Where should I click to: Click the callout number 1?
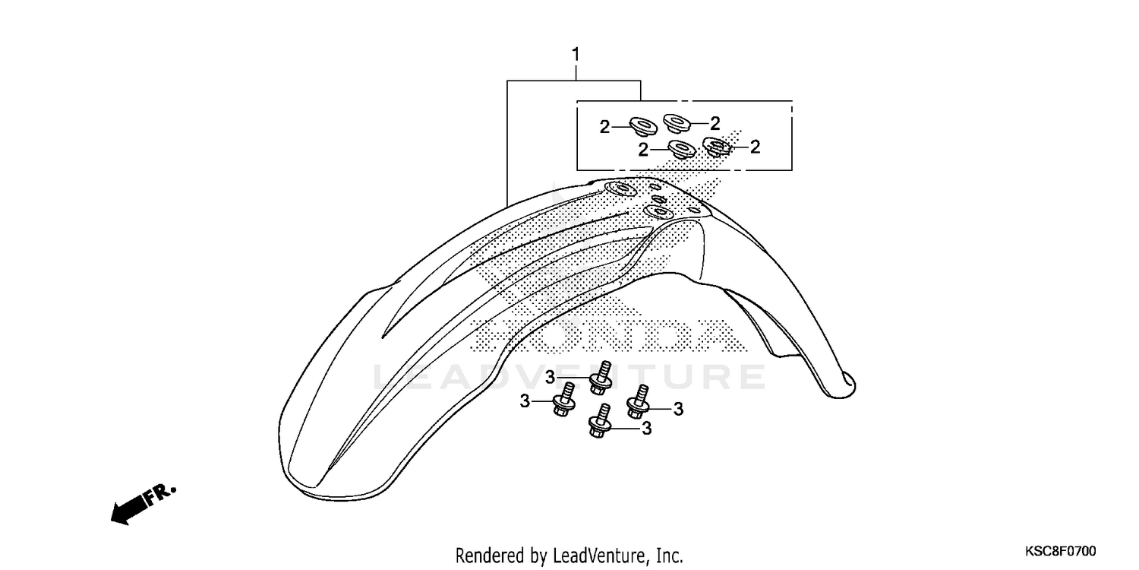[x=576, y=55]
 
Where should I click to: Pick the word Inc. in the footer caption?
[x=667, y=555]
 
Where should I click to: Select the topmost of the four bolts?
[x=602, y=376]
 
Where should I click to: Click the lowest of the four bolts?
[x=600, y=423]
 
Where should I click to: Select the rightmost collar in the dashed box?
[x=716, y=146]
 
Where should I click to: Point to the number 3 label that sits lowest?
[x=646, y=429]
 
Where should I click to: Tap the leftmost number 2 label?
[x=604, y=127]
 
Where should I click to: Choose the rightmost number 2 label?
[x=755, y=147]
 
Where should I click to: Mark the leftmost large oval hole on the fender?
[x=617, y=189]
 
